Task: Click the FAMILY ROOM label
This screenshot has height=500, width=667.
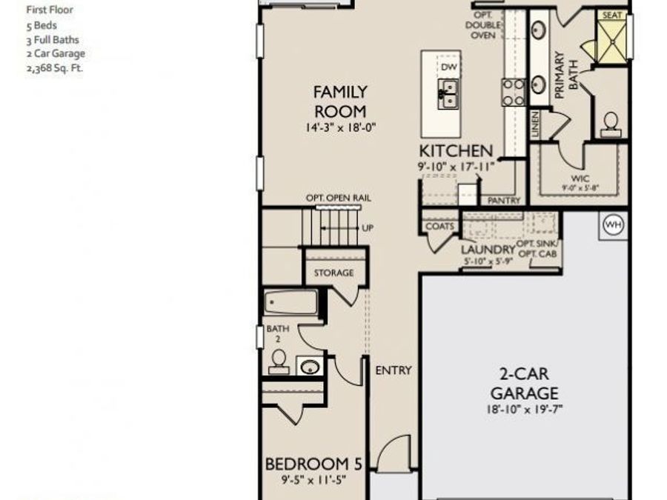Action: coord(340,101)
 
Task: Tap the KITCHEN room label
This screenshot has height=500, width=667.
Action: coord(456,151)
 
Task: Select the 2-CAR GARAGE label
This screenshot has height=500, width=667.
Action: coord(524,384)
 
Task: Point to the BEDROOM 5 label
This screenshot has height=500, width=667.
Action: coord(313,464)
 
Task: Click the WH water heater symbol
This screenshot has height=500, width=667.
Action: coord(614,224)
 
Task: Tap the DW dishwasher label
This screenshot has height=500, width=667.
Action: coord(448,67)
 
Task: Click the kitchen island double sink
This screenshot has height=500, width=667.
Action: coord(448,93)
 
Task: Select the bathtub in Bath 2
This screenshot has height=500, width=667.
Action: coord(291,302)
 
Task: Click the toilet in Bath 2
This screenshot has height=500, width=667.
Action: coord(279,361)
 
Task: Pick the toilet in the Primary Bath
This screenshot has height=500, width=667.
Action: coord(611,123)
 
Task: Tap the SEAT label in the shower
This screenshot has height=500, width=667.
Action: coord(612,15)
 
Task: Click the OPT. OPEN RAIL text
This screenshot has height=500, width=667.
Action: coord(338,199)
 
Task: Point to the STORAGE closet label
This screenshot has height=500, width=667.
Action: coord(333,273)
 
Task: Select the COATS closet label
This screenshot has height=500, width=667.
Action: coord(439,227)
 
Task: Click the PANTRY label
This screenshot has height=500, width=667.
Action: coord(504,201)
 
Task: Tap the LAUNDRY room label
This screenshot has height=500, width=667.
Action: coord(487,250)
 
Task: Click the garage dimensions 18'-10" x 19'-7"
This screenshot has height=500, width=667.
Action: coord(524,409)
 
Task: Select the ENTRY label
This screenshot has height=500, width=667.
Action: coord(394,370)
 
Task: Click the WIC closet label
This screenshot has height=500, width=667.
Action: coord(580,179)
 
